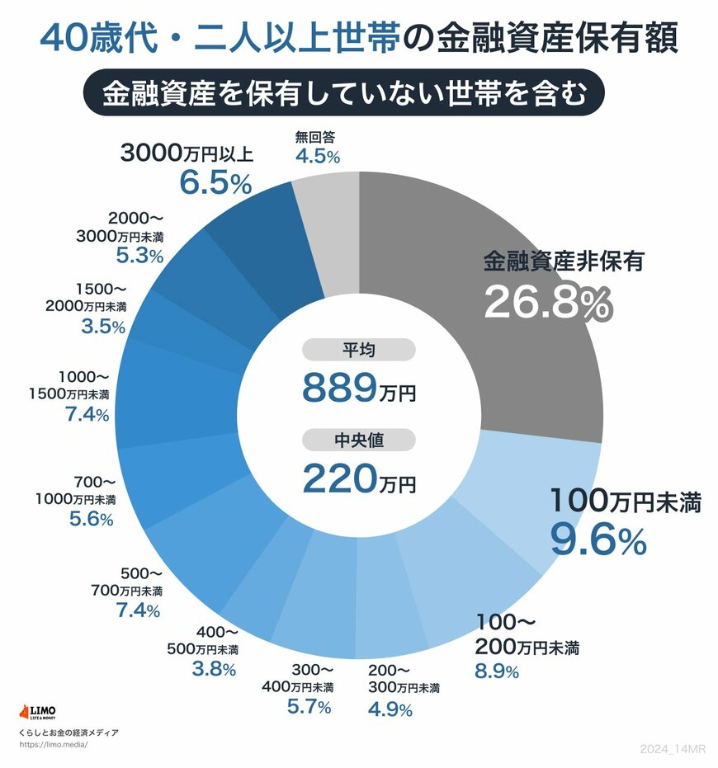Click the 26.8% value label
[x=547, y=304]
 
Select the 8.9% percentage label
[x=497, y=671]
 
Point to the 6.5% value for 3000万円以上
[x=215, y=184]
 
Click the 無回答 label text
[x=316, y=138]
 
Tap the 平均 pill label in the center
[x=359, y=351]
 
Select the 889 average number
[x=339, y=387]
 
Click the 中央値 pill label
[x=359, y=440]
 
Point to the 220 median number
[x=339, y=478]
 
